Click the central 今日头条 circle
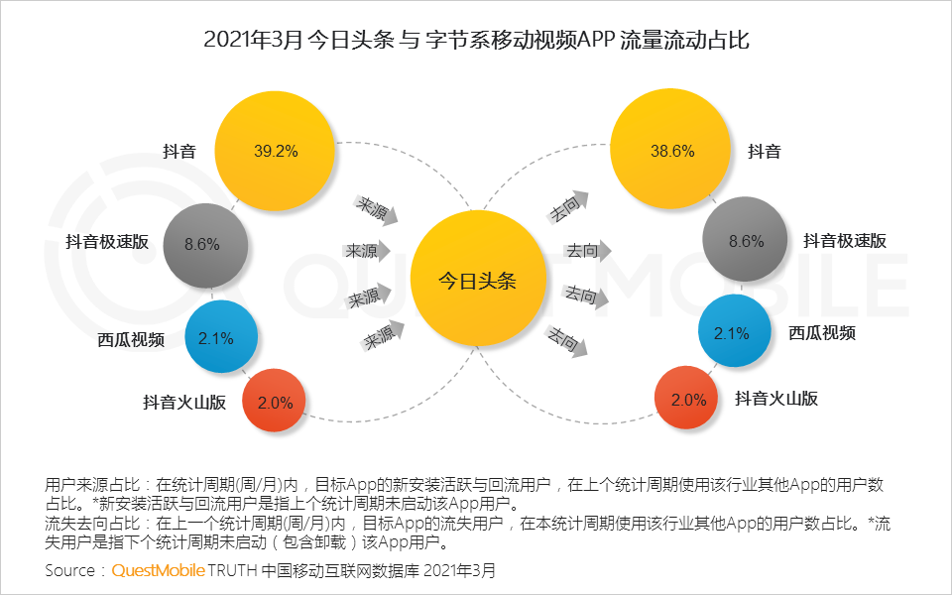(478, 279)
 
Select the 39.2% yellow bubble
(275, 151)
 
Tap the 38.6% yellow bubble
(670, 150)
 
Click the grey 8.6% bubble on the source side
(206, 245)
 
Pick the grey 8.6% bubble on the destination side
(745, 240)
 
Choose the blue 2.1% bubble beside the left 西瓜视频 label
(221, 336)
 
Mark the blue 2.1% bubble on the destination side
(735, 331)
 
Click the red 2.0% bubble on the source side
(274, 401)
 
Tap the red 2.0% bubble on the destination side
(686, 399)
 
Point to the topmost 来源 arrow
(376, 210)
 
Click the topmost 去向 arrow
(568, 206)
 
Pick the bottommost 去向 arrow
(567, 340)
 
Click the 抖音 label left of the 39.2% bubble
(179, 151)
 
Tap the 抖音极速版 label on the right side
(845, 240)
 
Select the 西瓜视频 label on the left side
(131, 339)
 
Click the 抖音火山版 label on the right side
(776, 399)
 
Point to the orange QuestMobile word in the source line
(158, 571)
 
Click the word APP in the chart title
(596, 40)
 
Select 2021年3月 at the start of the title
(253, 40)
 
